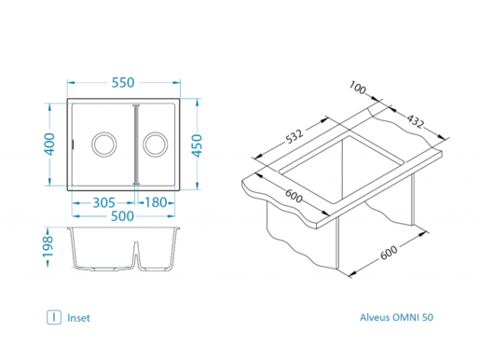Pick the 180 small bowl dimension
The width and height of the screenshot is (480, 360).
pos(155,202)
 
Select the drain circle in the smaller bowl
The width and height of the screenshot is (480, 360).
pos(156,144)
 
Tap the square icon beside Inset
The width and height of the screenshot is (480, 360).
pos(55,318)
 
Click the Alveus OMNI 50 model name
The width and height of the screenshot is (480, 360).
pos(396,318)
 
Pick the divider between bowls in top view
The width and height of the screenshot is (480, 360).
pos(136,143)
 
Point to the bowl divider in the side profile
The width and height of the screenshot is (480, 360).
pos(137,253)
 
